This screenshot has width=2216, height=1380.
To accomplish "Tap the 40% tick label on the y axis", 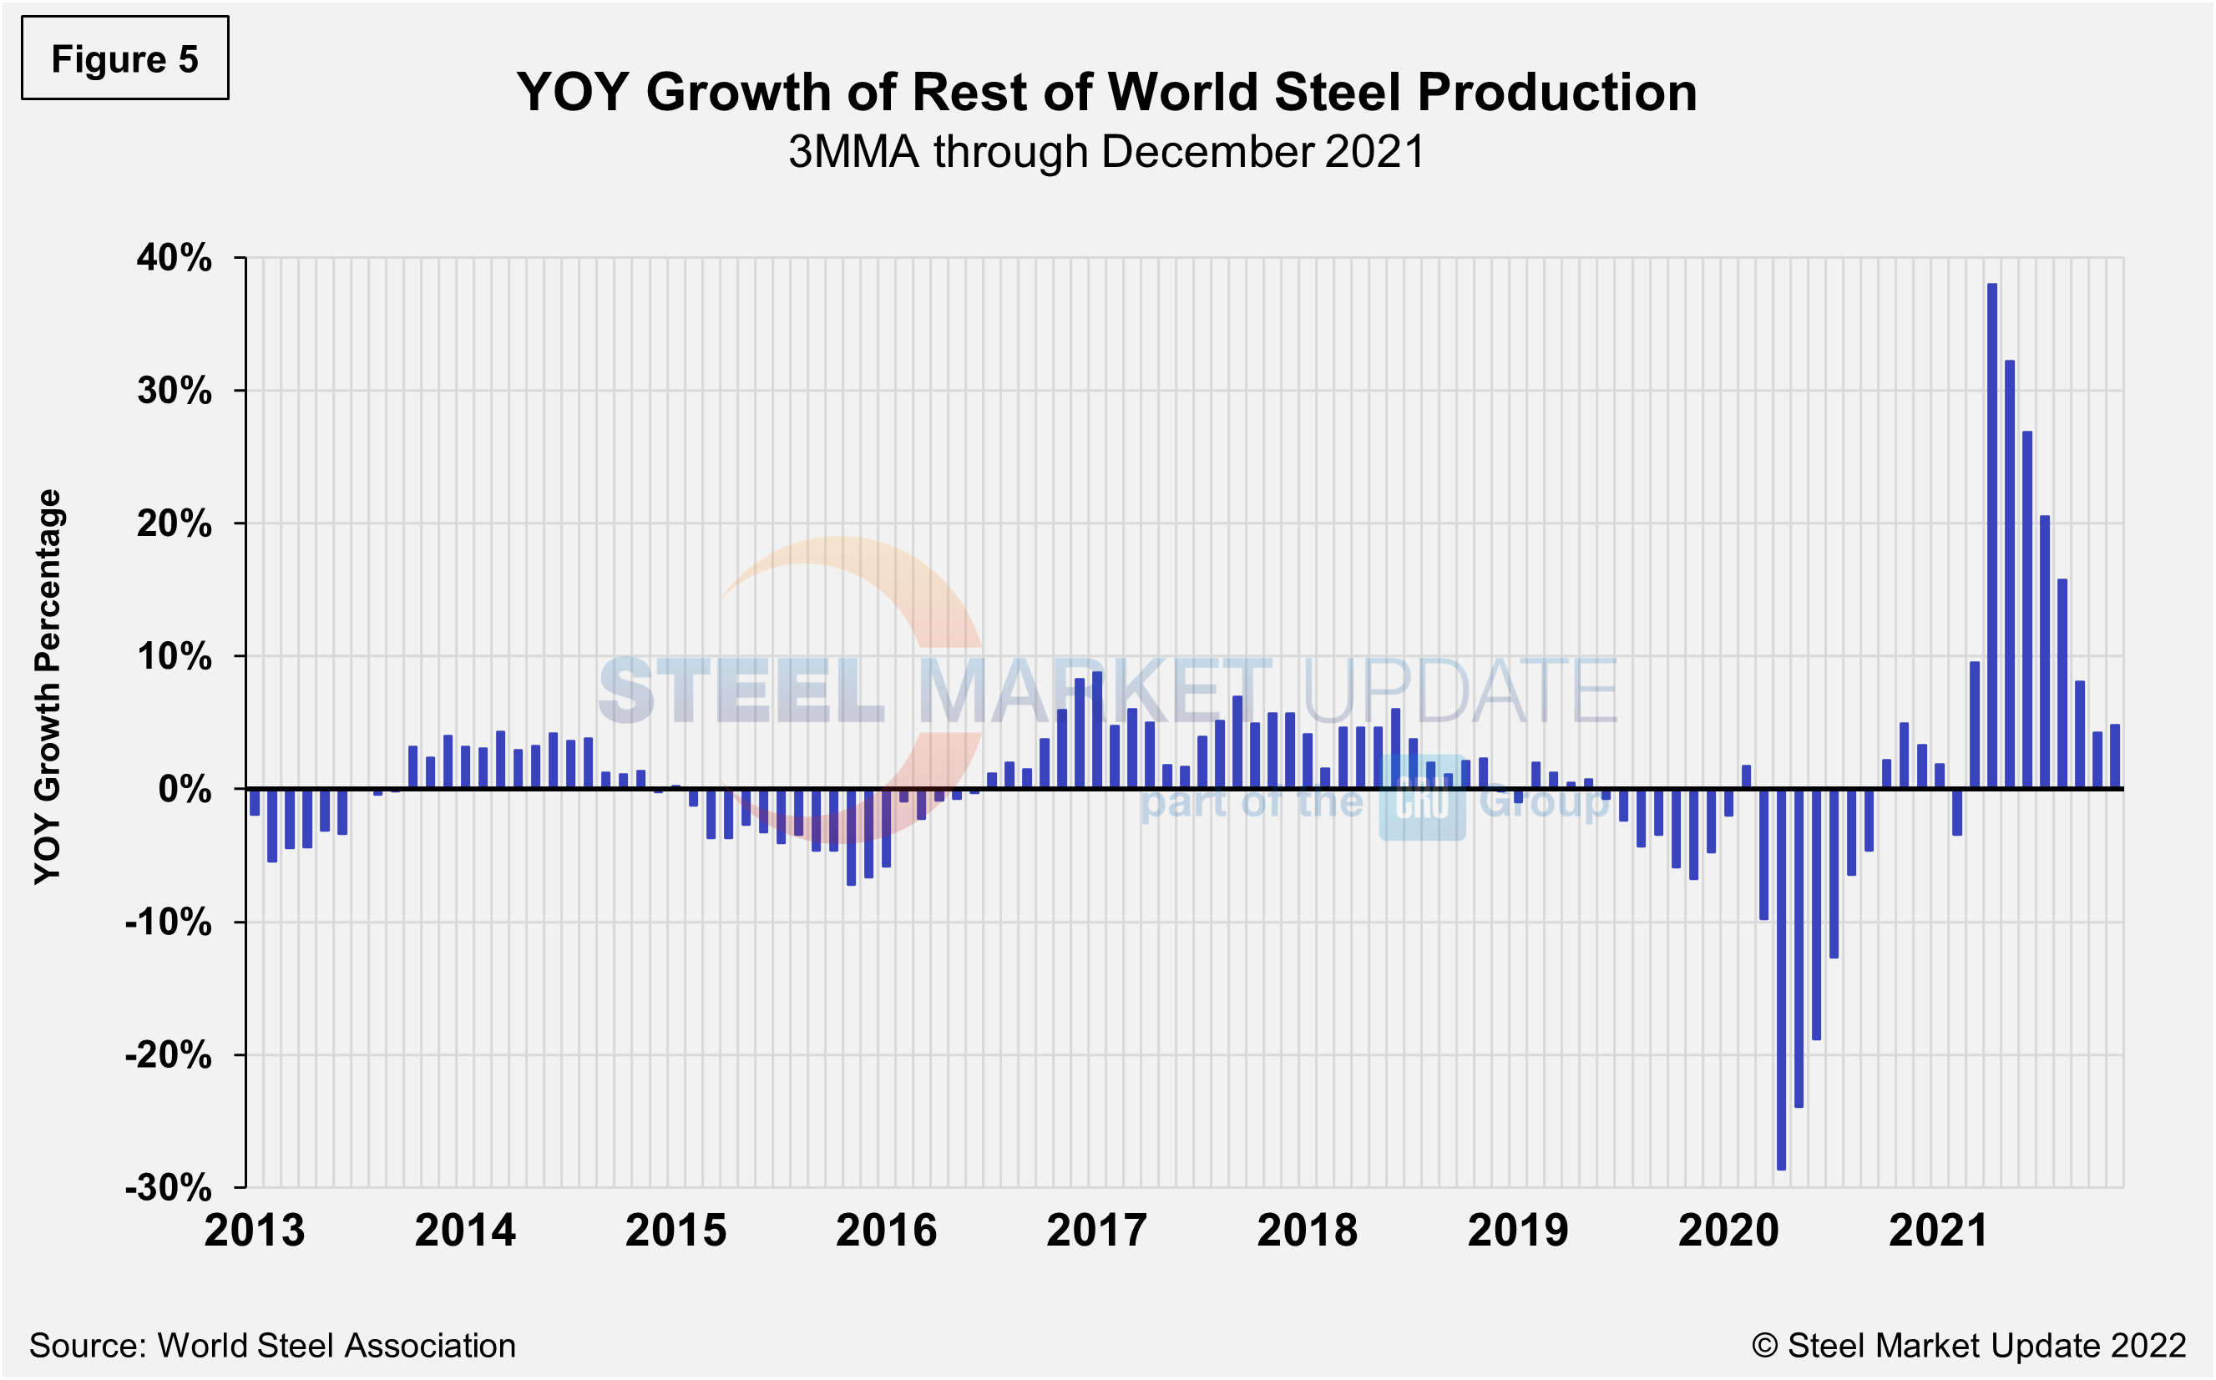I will (x=175, y=258).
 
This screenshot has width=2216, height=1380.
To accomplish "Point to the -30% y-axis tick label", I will (x=169, y=1187).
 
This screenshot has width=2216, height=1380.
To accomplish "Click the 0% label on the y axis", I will (x=185, y=790).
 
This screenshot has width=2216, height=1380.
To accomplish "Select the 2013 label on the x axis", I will (x=255, y=1231).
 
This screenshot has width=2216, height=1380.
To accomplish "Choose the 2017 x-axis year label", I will (x=1096, y=1231).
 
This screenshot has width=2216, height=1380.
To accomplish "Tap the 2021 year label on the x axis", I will (x=1939, y=1231).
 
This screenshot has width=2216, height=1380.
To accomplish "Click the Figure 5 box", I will (x=125, y=58).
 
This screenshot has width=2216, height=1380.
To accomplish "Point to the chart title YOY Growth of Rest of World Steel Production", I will (x=1106, y=92).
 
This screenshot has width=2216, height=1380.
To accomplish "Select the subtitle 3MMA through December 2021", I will (x=1106, y=151).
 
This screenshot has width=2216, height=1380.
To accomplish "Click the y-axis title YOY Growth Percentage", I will (x=48, y=686).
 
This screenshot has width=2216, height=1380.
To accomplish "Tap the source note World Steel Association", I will (x=272, y=1345).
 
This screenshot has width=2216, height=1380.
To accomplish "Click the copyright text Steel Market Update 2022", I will (x=1969, y=1345).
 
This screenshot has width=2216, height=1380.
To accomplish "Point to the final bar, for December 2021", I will (x=2115, y=756).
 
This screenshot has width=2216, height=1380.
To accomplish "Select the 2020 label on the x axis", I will (x=1728, y=1231).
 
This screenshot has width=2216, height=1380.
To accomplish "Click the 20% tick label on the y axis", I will (x=175, y=524).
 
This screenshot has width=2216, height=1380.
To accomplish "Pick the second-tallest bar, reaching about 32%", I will (x=2009, y=574).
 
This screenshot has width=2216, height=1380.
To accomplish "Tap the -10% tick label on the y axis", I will (x=169, y=922).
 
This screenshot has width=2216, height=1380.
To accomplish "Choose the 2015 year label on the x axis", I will (x=675, y=1231).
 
